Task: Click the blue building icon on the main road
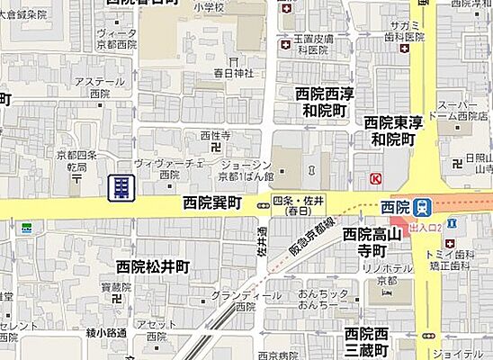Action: click(121, 188)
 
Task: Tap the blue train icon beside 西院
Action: click(422, 207)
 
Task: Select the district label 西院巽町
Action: click(212, 204)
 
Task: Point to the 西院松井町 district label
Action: click(153, 266)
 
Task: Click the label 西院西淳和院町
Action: click(322, 102)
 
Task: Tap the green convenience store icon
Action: click(28, 228)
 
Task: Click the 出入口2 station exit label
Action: click(425, 229)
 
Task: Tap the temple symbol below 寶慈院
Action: click(115, 301)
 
